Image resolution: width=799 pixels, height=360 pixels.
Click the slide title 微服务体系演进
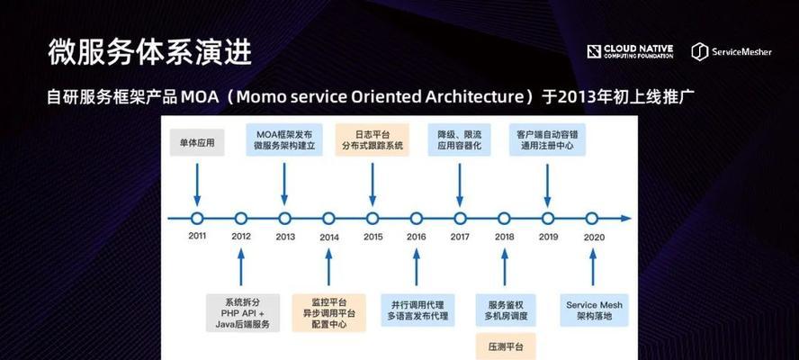[x=150, y=51]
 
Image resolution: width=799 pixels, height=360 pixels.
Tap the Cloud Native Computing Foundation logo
[x=630, y=51]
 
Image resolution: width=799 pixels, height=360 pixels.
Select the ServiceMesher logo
[x=732, y=51]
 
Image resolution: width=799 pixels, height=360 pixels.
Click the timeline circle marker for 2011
[x=197, y=219]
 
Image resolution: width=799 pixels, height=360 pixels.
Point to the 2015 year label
[x=373, y=237]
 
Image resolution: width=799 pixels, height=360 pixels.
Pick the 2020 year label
[x=594, y=237]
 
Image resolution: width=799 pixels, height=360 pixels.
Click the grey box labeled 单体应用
[x=197, y=143]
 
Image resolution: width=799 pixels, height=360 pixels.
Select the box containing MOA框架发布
[x=284, y=139]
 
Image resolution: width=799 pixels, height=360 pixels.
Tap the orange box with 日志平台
[x=373, y=139]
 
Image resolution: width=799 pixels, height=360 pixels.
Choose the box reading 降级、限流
[x=460, y=139]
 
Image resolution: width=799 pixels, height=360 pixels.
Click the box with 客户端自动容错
[x=547, y=139]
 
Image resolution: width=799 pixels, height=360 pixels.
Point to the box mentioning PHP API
[x=243, y=312]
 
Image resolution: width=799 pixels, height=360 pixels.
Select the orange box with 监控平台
[x=328, y=312]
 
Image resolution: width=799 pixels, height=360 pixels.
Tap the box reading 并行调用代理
[x=417, y=310]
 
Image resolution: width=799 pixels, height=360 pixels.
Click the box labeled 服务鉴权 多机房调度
[x=506, y=310]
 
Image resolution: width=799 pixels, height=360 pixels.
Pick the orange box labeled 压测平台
[x=506, y=346]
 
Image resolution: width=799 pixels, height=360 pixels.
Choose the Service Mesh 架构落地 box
[x=594, y=310]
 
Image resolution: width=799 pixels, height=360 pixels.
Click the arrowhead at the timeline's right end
[x=625, y=219]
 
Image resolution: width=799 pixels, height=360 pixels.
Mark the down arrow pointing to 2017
[x=460, y=185]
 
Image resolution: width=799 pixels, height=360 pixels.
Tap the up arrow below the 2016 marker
[x=417, y=266]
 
